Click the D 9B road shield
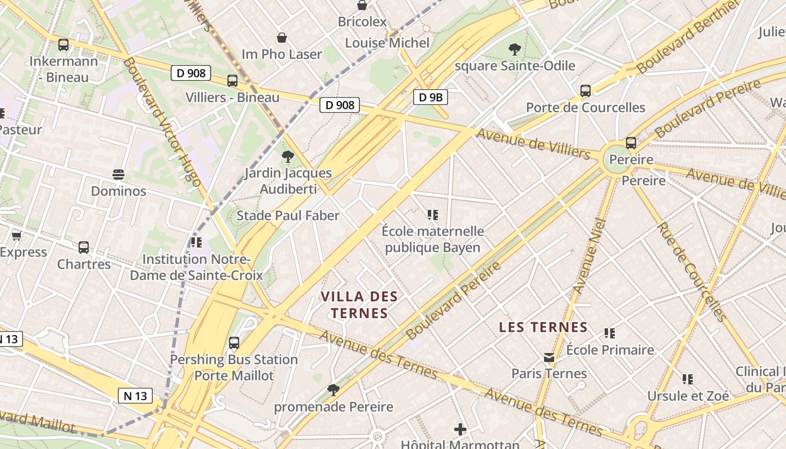pos(431,97)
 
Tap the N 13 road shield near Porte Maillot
pos(135,396)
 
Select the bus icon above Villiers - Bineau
pos(232,81)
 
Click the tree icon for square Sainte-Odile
pos(514,49)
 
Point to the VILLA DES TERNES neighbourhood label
pos(359,305)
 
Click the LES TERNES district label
pos(543,327)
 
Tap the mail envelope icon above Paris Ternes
pos(549,358)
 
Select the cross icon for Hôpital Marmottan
pos(460,430)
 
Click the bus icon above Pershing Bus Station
pos(234,342)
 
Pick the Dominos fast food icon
pos(118,175)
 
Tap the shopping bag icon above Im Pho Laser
pos(282,38)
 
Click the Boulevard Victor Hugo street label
pos(162,122)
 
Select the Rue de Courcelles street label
pos(692,272)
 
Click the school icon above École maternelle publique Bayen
pos(432,214)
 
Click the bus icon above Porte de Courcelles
pos(586,90)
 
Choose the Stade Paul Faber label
pos(288,216)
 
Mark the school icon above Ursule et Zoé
pos(688,379)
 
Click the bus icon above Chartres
pos(84,247)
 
